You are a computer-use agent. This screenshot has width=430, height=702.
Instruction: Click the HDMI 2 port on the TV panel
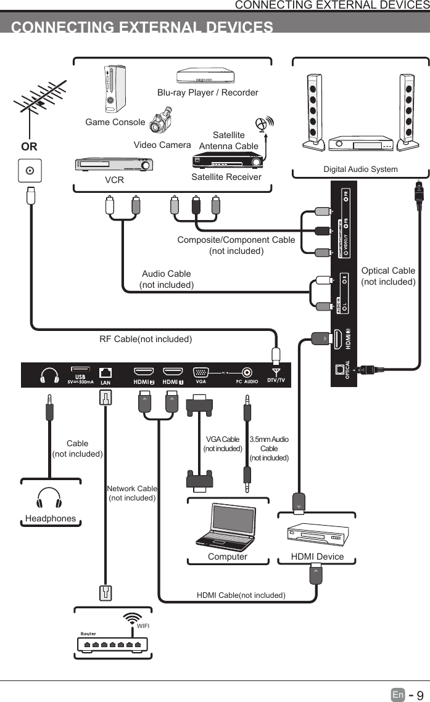tap(144, 372)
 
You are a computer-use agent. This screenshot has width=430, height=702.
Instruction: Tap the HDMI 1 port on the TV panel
tap(172, 372)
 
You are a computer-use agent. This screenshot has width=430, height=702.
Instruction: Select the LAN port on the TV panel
tap(105, 372)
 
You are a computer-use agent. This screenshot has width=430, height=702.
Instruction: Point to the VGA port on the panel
tap(201, 372)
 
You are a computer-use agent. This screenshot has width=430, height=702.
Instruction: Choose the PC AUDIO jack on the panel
tap(247, 372)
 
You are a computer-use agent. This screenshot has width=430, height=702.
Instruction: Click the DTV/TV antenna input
tap(276, 372)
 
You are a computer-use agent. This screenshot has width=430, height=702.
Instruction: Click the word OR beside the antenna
tap(29, 147)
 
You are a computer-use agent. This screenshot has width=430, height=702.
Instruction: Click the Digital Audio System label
tap(360, 169)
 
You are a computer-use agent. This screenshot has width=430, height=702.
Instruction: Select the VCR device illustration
tap(114, 165)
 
